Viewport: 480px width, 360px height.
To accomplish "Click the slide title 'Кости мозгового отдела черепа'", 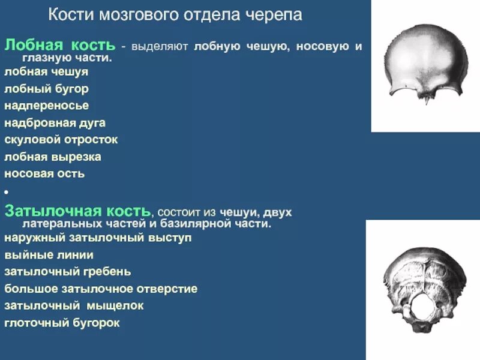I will (175, 15).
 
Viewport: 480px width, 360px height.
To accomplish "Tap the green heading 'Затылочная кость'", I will (77, 211).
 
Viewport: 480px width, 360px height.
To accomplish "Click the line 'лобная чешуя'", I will (46, 71).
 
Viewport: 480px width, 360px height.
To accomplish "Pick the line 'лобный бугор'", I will (46, 89).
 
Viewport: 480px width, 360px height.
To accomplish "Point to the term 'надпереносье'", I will (46, 106).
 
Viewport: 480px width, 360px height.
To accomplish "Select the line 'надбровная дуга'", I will (55, 123).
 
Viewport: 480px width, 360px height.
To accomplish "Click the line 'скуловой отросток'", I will (61, 140).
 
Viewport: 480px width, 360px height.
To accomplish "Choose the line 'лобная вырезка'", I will (52, 157).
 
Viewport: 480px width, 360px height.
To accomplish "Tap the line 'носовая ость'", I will (44, 174).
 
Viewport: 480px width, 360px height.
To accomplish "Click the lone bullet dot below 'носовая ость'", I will (6, 192).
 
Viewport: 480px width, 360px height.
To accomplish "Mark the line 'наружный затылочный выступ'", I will (98, 237).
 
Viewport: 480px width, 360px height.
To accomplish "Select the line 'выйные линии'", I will (49, 254).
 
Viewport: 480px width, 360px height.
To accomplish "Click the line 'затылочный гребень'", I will (67, 271).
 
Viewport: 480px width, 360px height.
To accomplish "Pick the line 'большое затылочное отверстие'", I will (101, 289).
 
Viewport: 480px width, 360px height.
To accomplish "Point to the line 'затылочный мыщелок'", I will (74, 305).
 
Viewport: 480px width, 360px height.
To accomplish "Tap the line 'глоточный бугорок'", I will (62, 323).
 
